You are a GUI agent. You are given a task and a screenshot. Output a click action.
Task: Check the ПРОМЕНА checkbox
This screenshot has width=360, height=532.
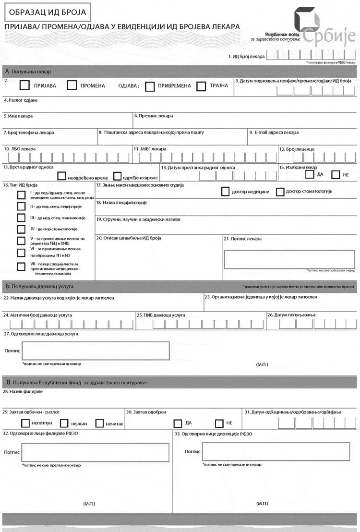[72, 86]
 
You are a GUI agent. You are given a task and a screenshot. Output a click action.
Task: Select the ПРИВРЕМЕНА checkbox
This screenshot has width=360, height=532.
[150, 86]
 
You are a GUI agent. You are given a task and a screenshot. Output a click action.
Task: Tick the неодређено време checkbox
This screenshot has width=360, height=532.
[61, 176]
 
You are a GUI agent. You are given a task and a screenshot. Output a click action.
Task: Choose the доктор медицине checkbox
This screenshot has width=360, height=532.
[225, 192]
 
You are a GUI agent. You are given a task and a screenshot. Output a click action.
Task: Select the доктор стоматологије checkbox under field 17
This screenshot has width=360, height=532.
[280, 192]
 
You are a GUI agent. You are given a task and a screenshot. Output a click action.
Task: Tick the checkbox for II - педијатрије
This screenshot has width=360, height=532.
[22, 206]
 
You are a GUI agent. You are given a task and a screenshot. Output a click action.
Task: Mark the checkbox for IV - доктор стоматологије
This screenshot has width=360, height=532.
[22, 229]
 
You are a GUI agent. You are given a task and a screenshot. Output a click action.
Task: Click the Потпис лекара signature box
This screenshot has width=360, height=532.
[290, 259]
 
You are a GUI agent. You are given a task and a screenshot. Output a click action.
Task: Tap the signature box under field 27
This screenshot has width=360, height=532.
[96, 351]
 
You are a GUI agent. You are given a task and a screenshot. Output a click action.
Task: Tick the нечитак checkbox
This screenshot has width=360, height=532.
[100, 423]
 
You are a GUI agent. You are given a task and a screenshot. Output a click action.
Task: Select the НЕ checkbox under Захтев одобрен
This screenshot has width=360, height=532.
[219, 423]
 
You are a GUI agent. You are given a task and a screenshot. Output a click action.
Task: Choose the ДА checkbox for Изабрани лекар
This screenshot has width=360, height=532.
[310, 174]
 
